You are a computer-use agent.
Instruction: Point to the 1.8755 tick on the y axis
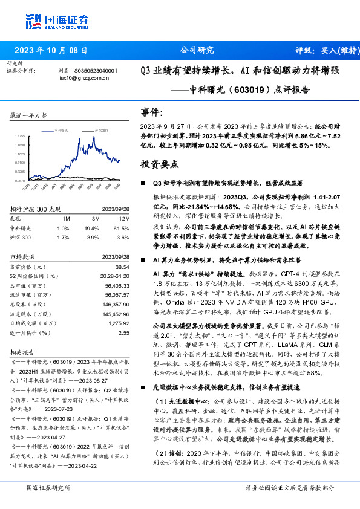click(20, 136)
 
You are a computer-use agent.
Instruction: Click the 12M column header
click(125, 218)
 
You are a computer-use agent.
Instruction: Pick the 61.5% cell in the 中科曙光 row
click(123, 228)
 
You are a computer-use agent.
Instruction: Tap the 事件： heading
click(152, 112)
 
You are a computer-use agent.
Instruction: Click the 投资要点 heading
click(160, 164)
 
